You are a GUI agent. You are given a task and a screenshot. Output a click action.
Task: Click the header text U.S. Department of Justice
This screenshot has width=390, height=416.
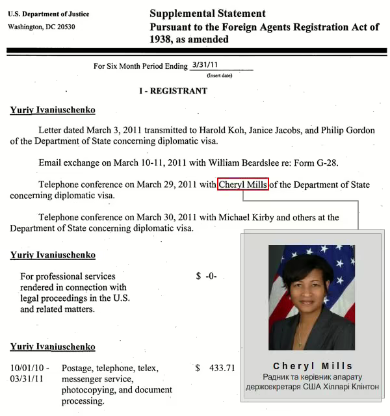pos(49,14)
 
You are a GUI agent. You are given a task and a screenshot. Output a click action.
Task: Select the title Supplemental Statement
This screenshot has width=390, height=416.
pos(207,14)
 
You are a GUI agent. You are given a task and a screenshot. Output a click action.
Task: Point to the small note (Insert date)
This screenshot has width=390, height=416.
pos(220,75)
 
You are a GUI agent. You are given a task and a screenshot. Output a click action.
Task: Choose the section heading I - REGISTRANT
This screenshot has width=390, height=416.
pos(173,91)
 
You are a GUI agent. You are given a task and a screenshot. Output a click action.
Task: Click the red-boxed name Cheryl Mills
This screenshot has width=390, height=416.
pos(243,185)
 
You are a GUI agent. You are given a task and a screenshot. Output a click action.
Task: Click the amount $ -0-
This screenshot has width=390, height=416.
pos(206,276)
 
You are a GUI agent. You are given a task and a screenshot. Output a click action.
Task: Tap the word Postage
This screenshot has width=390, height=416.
pos(79,368)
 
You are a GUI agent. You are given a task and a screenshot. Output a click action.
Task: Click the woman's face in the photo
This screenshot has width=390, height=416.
pos(306,284)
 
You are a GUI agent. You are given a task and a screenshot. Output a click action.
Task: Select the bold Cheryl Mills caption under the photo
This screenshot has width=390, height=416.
pos(313,366)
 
